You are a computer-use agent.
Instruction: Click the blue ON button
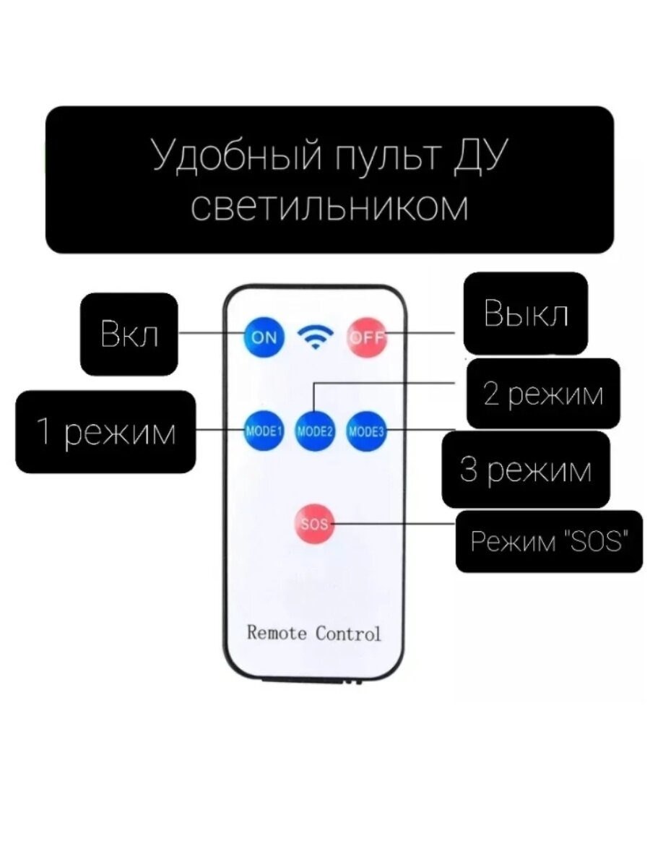264,337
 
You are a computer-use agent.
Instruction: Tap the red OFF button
368,337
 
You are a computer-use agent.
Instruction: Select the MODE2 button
315,432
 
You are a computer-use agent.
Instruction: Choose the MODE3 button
366,432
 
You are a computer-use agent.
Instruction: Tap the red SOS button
314,524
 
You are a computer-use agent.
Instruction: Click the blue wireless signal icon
316,336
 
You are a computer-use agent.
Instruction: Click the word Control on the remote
347,633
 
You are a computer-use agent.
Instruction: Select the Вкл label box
129,334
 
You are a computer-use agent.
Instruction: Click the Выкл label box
525,314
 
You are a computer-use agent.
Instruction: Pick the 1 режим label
105,432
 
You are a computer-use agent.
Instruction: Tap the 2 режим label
542,394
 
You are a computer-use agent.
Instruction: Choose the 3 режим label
525,470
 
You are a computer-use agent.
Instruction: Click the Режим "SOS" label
547,541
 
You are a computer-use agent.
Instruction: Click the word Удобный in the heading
231,158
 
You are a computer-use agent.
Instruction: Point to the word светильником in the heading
330,207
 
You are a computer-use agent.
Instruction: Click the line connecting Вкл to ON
211,334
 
